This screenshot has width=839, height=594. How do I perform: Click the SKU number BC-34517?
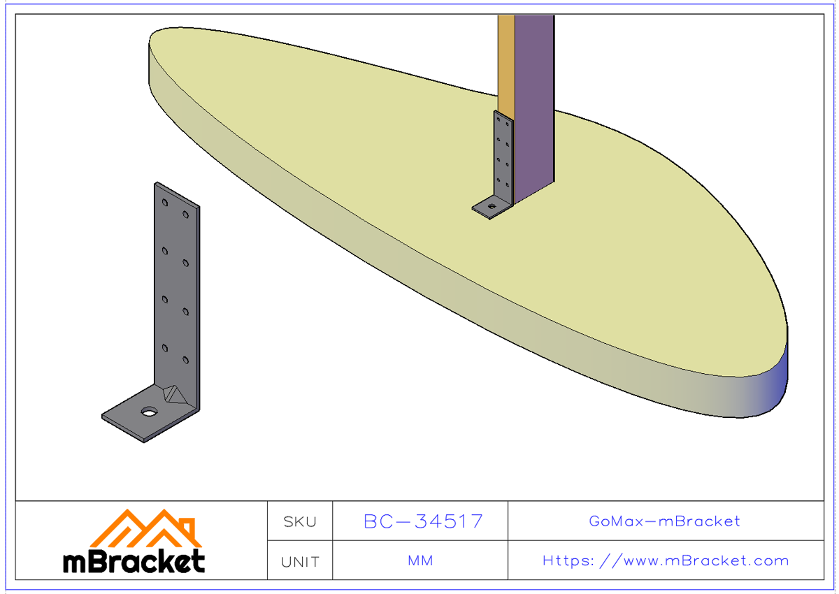tap(423, 521)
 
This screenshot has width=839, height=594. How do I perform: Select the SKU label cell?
tap(300, 521)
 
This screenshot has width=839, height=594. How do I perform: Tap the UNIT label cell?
tap(300, 561)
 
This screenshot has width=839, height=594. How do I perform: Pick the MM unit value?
tap(420, 561)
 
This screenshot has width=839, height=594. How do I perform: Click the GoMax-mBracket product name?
tap(665, 521)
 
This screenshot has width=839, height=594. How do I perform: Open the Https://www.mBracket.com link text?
tap(665, 561)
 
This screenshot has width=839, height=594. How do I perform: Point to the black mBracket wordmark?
tap(134, 561)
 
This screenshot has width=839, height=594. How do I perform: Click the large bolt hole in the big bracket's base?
tap(148, 412)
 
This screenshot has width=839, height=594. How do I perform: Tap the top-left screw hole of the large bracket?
tap(165, 203)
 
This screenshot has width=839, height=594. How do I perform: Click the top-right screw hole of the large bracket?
tap(186, 215)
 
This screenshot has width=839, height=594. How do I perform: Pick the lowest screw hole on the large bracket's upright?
tap(186, 360)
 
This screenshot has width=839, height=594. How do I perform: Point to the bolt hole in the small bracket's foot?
tap(492, 206)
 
